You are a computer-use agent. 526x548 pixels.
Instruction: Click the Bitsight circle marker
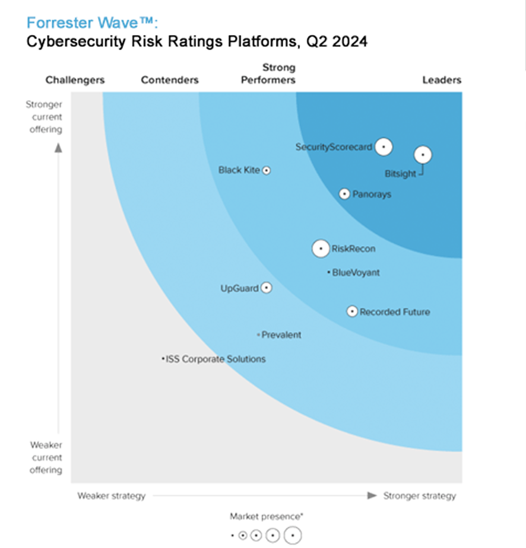423,155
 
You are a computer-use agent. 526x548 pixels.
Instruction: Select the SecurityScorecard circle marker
384,146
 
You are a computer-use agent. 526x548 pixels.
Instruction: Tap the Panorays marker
344,194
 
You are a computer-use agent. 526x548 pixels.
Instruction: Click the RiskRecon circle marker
321,248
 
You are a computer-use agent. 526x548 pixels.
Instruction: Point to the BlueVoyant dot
328,272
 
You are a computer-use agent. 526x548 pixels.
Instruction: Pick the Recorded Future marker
352,311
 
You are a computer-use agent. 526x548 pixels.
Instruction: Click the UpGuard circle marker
267,288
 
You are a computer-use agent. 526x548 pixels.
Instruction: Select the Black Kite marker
267,170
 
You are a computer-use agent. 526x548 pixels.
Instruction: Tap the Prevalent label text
281,335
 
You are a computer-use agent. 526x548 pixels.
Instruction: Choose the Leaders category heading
442,80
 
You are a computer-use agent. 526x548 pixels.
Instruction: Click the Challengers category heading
75,80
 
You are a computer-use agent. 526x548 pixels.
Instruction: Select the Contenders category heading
170,80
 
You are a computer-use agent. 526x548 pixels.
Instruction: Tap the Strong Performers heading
268,74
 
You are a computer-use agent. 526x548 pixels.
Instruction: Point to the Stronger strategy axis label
420,496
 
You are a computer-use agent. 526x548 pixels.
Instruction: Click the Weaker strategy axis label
111,496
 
